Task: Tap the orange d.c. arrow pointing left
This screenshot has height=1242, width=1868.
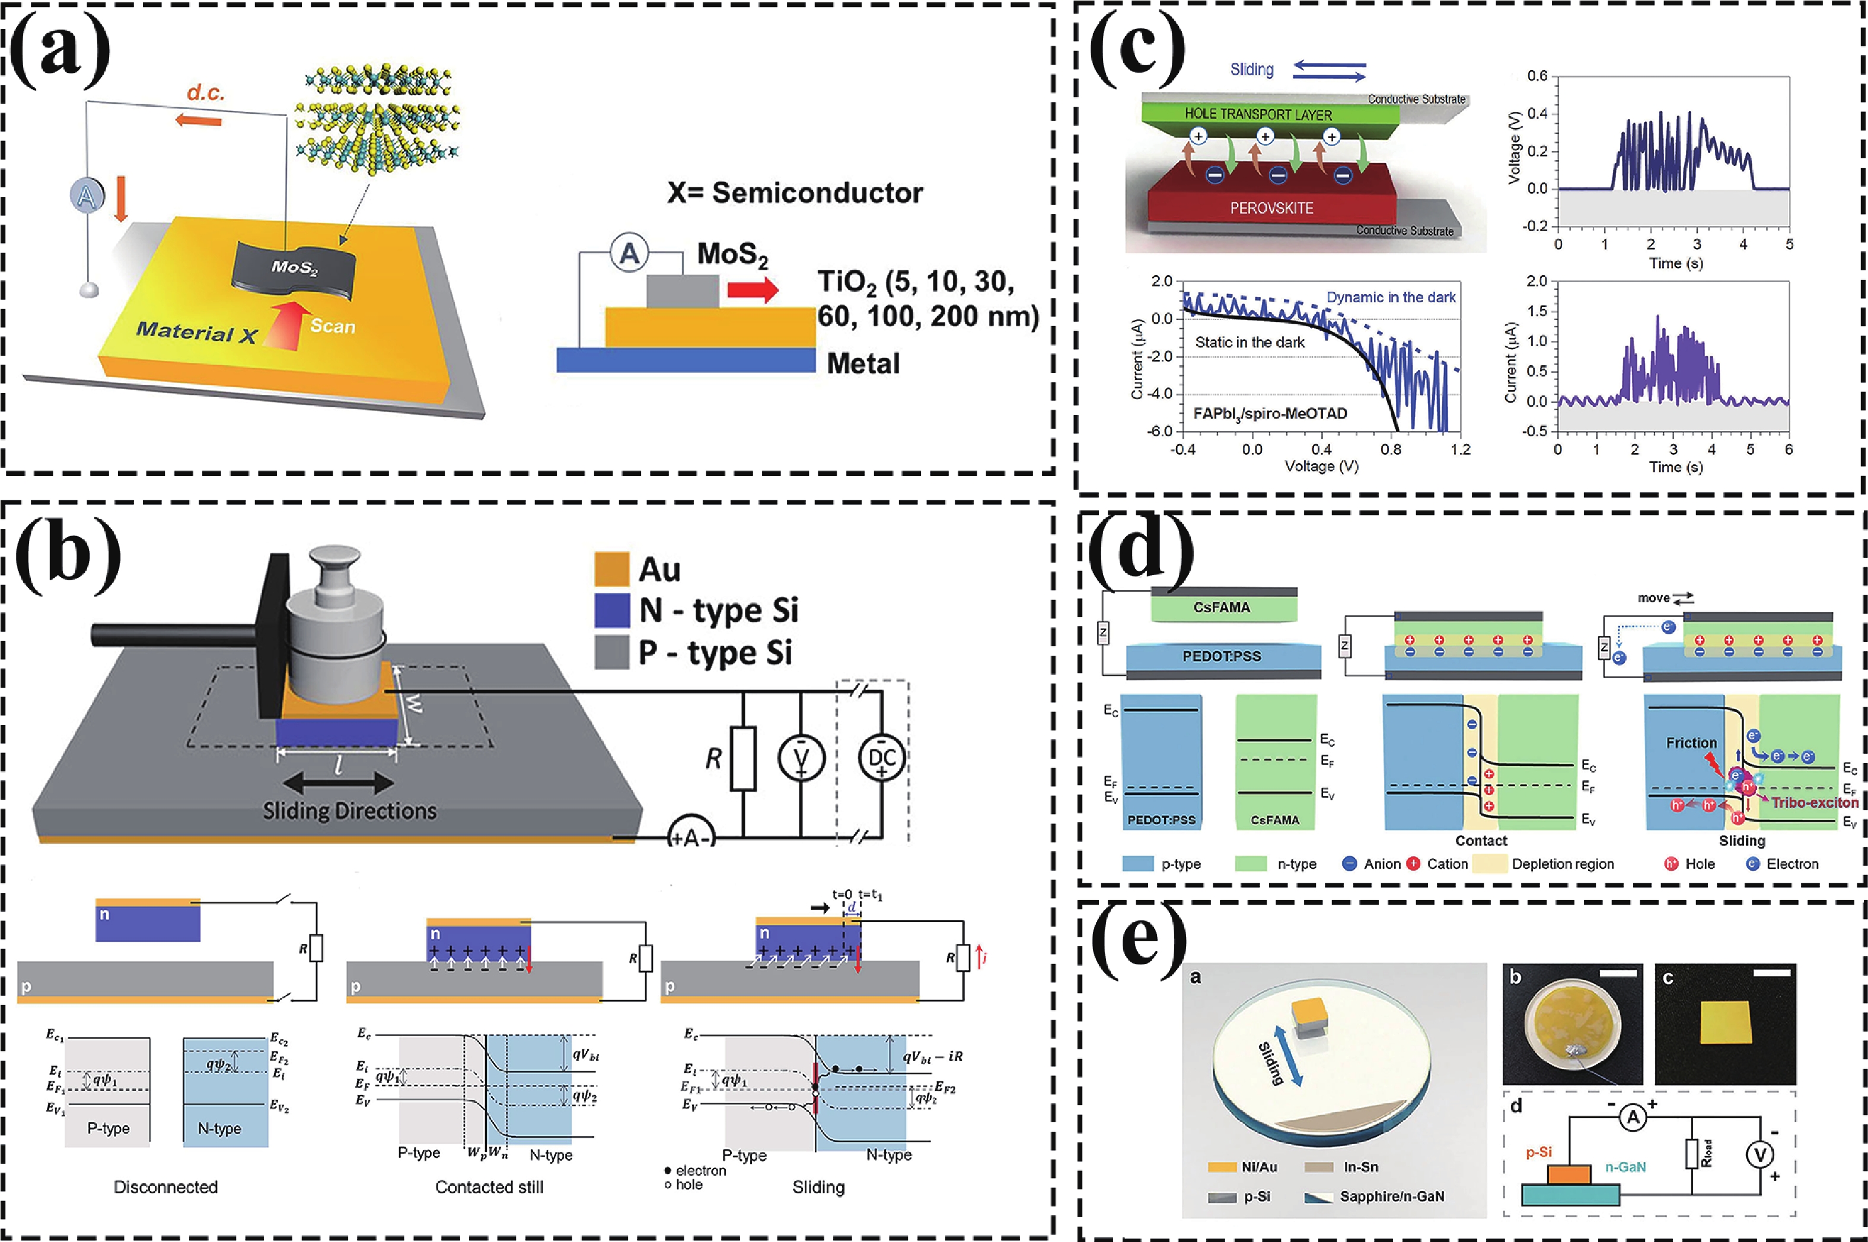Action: [198, 120]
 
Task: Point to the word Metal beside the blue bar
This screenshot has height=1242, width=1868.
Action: [863, 363]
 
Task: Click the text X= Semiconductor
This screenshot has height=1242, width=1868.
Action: [795, 193]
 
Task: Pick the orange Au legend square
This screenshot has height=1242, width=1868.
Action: [611, 569]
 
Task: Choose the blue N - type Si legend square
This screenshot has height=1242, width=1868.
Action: [611, 610]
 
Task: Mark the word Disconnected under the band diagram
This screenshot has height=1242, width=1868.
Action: [165, 1186]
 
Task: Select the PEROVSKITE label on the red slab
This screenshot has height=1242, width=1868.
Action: [1271, 208]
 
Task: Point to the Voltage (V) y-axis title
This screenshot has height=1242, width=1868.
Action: [1515, 148]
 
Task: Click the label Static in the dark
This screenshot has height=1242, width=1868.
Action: [1249, 342]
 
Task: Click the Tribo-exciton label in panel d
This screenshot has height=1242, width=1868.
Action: [1814, 802]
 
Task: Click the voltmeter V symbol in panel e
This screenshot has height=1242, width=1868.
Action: [1759, 1155]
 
